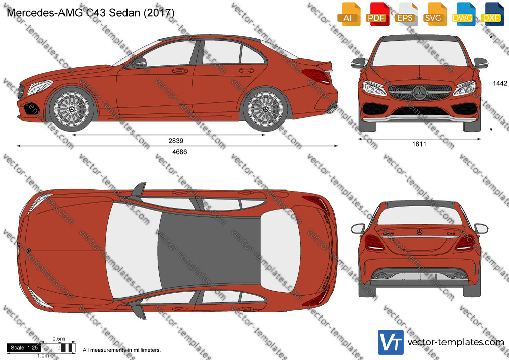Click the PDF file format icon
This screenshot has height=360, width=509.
point(376,14)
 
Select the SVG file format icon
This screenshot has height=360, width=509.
point(434,14)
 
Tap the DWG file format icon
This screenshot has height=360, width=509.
point(462,14)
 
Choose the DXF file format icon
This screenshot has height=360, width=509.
point(491,14)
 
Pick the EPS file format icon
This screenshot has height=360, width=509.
point(405,14)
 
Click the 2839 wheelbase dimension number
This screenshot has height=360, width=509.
point(176,141)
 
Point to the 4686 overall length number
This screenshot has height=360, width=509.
point(180,152)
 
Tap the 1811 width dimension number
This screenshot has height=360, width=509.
point(419,144)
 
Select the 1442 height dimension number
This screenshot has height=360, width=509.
point(500,83)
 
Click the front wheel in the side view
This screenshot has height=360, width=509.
point(72,109)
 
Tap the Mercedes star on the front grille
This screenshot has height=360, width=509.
point(419,93)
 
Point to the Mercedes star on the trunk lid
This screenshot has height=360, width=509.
point(420,232)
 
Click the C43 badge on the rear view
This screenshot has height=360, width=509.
point(451,233)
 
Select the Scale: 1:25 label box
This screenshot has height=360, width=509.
point(24,348)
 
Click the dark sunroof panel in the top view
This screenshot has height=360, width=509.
point(209,249)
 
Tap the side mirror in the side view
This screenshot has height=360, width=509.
point(139,63)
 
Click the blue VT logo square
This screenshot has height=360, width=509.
point(391,342)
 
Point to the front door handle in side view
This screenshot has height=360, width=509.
point(180,71)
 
